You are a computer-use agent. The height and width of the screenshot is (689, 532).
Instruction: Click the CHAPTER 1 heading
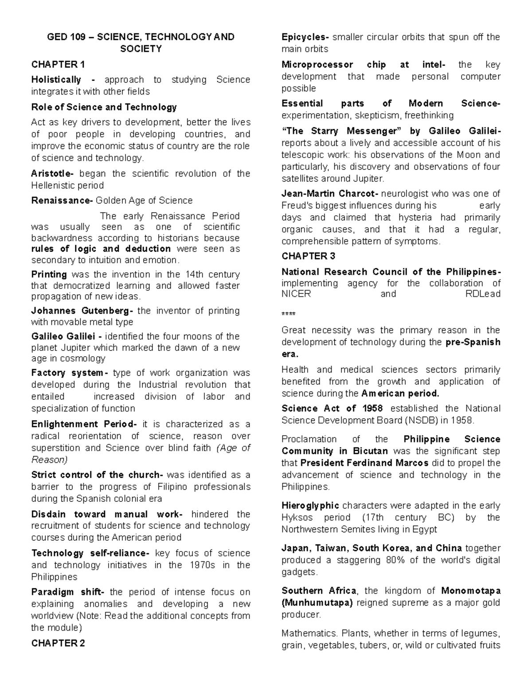(58, 65)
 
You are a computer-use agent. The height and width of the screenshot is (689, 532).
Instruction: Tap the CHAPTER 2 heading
(58, 643)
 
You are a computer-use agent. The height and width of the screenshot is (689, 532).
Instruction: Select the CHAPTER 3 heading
(308, 256)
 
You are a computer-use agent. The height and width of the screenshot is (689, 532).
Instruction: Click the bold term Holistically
(56, 80)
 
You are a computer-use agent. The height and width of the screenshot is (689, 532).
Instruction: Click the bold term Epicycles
(305, 37)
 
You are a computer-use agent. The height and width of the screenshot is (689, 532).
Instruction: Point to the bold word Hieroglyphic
(310, 506)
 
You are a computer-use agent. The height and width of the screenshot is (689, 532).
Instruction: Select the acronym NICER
(296, 294)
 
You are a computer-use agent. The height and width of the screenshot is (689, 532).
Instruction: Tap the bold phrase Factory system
(69, 373)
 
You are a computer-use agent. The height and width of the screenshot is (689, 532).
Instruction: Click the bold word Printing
(49, 275)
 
